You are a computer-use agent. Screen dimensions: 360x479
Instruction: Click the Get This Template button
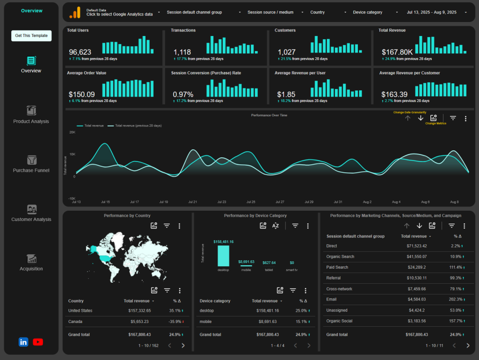(x=31, y=36)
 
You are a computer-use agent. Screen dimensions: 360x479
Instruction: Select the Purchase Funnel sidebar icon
(x=31, y=160)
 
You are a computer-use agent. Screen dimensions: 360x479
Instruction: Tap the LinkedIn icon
(x=23, y=342)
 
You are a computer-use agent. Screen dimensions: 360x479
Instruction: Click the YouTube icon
(x=38, y=342)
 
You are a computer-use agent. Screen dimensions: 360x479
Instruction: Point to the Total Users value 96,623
(x=80, y=52)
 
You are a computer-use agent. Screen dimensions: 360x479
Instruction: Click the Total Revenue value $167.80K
(x=397, y=52)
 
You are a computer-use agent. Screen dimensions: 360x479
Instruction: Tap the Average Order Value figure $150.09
(x=81, y=94)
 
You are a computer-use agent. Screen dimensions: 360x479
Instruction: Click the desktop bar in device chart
(x=223, y=256)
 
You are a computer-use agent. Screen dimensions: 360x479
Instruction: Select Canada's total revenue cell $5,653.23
(x=138, y=322)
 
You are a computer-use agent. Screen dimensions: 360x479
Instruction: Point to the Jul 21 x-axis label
(x=192, y=202)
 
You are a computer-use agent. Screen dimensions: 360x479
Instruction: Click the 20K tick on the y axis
(x=72, y=132)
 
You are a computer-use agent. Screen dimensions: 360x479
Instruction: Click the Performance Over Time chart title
(x=269, y=115)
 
